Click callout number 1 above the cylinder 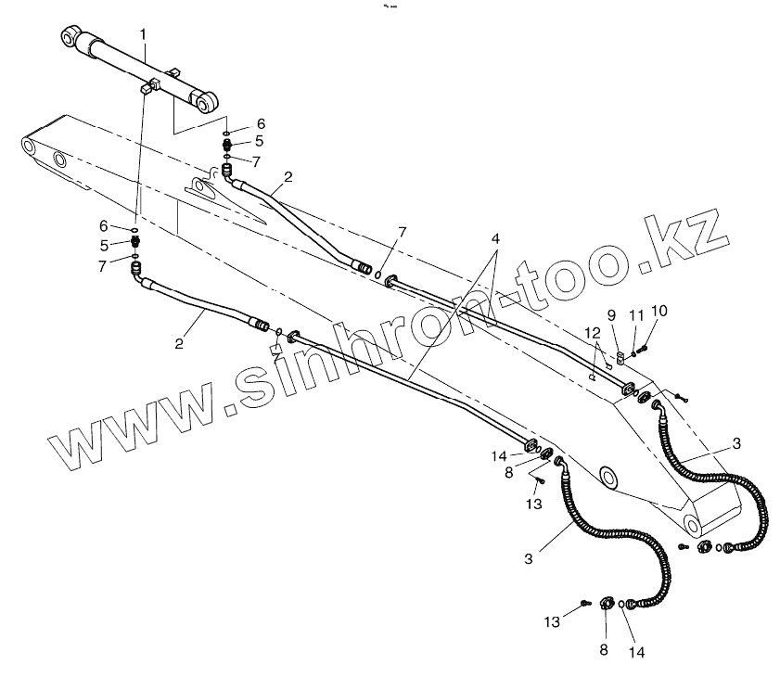click(143, 34)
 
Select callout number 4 click(496, 238)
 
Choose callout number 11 click(635, 315)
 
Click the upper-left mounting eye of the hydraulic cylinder click(69, 37)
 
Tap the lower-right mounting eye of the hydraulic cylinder click(210, 98)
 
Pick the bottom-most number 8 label click(603, 650)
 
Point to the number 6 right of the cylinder click(261, 123)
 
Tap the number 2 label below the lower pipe click(180, 343)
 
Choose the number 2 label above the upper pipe click(288, 175)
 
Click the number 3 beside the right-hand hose click(735, 444)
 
